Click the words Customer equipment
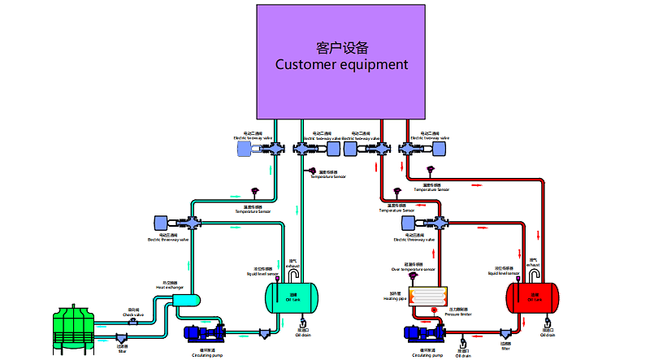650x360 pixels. pyautogui.click(x=340, y=64)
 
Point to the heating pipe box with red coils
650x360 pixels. pyautogui.click(x=423, y=297)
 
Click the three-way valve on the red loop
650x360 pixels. pyautogui.click(x=439, y=222)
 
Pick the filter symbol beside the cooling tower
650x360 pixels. pyautogui.click(x=121, y=337)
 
